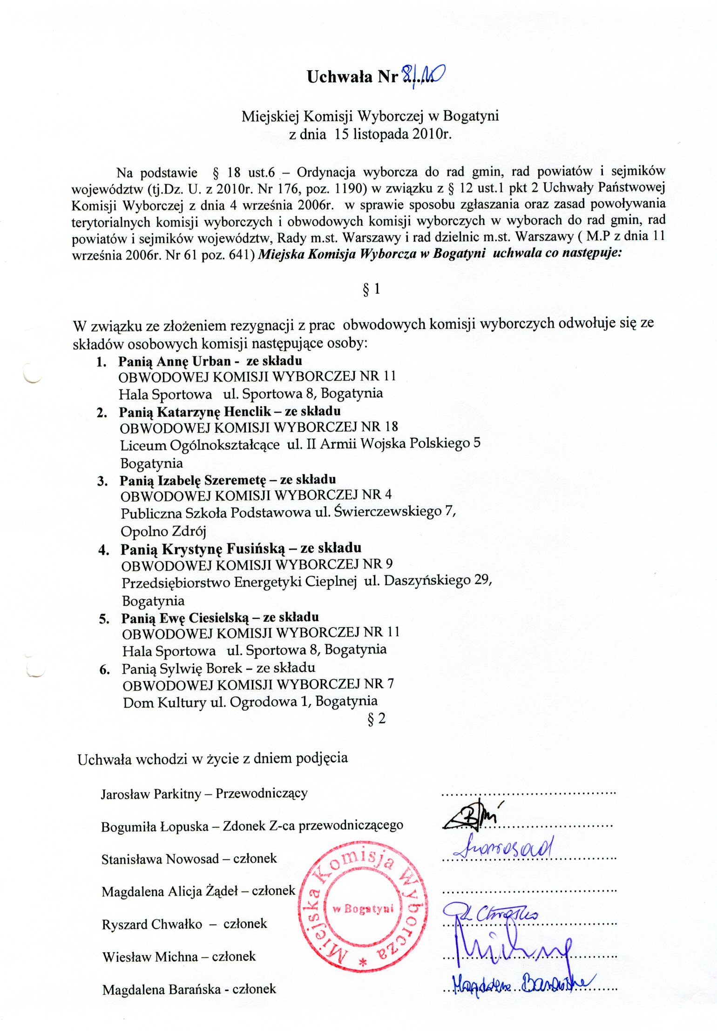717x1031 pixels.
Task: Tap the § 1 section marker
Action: [x=371, y=289]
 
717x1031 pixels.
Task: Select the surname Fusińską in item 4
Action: [x=256, y=549]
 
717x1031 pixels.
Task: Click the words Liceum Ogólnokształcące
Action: [x=200, y=445]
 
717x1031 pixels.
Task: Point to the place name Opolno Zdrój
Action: [x=163, y=531]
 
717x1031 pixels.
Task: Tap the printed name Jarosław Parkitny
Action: [x=151, y=794]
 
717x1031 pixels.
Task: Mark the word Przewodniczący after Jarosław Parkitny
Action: [x=261, y=793]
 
